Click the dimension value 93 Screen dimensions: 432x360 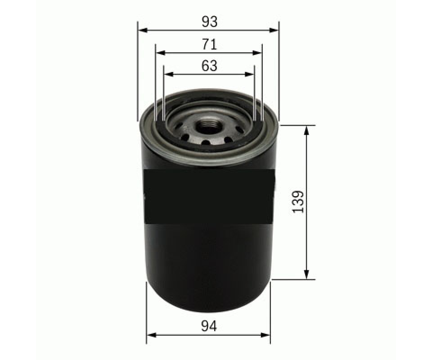(x=210, y=22)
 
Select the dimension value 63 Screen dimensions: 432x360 (x=209, y=66)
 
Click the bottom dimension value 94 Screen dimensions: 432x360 (x=209, y=327)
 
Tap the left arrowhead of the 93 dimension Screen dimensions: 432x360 (x=143, y=30)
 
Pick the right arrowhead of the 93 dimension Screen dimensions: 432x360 (x=273, y=30)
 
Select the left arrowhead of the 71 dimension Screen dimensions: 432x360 (x=161, y=53)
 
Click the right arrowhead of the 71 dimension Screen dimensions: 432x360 (x=256, y=53)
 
